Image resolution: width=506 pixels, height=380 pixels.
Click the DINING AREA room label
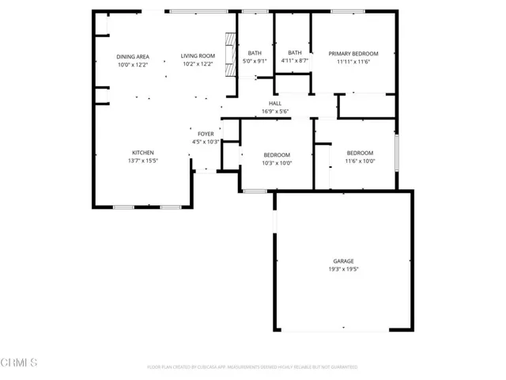pyautogui.click(x=133, y=56)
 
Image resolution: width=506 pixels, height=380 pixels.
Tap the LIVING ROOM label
pyautogui.click(x=198, y=56)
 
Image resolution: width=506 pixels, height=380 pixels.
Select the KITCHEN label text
pyautogui.click(x=142, y=152)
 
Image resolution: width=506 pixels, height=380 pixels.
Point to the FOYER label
pyautogui.click(x=205, y=135)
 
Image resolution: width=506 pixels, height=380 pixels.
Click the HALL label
pyautogui.click(x=275, y=104)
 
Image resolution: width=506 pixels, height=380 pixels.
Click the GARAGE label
pyautogui.click(x=343, y=260)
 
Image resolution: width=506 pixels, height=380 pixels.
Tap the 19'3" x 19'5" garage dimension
pyautogui.click(x=343, y=268)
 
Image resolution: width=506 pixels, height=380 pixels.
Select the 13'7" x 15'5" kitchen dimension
pyautogui.click(x=142, y=160)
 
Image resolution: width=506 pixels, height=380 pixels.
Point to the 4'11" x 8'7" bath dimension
pyautogui.click(x=295, y=61)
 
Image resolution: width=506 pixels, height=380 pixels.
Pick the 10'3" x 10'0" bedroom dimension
pyautogui.click(x=277, y=163)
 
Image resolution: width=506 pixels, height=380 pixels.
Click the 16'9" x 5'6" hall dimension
pyautogui.click(x=275, y=112)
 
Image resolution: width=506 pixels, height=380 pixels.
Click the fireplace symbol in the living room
pyautogui.click(x=230, y=55)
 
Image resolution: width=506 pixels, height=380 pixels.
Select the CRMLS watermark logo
pyautogui.click(x=20, y=363)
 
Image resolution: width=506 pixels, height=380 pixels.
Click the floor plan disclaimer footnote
pyautogui.click(x=252, y=367)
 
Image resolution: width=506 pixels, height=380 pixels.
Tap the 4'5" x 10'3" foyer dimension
pyautogui.click(x=205, y=142)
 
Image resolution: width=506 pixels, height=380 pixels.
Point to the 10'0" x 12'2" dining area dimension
pyautogui.click(x=133, y=64)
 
